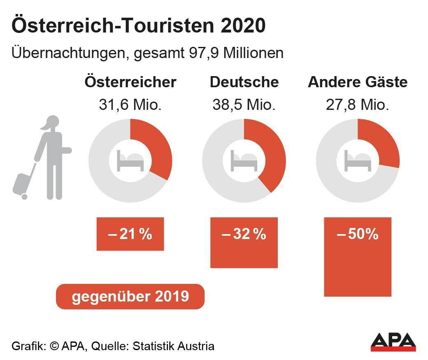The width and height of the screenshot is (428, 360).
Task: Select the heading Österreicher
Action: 130,82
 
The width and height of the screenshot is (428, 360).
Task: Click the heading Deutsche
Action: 244,82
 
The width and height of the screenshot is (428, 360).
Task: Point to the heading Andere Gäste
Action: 358,82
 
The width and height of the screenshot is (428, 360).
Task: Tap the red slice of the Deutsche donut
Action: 269,152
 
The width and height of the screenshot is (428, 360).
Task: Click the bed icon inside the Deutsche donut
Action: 244,161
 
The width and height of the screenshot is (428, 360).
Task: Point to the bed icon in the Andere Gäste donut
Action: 358,161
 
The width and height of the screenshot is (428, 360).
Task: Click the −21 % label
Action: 130,234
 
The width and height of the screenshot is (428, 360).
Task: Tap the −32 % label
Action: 244,234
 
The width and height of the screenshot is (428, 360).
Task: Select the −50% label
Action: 358,234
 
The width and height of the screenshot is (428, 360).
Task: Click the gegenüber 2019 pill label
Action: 130,297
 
